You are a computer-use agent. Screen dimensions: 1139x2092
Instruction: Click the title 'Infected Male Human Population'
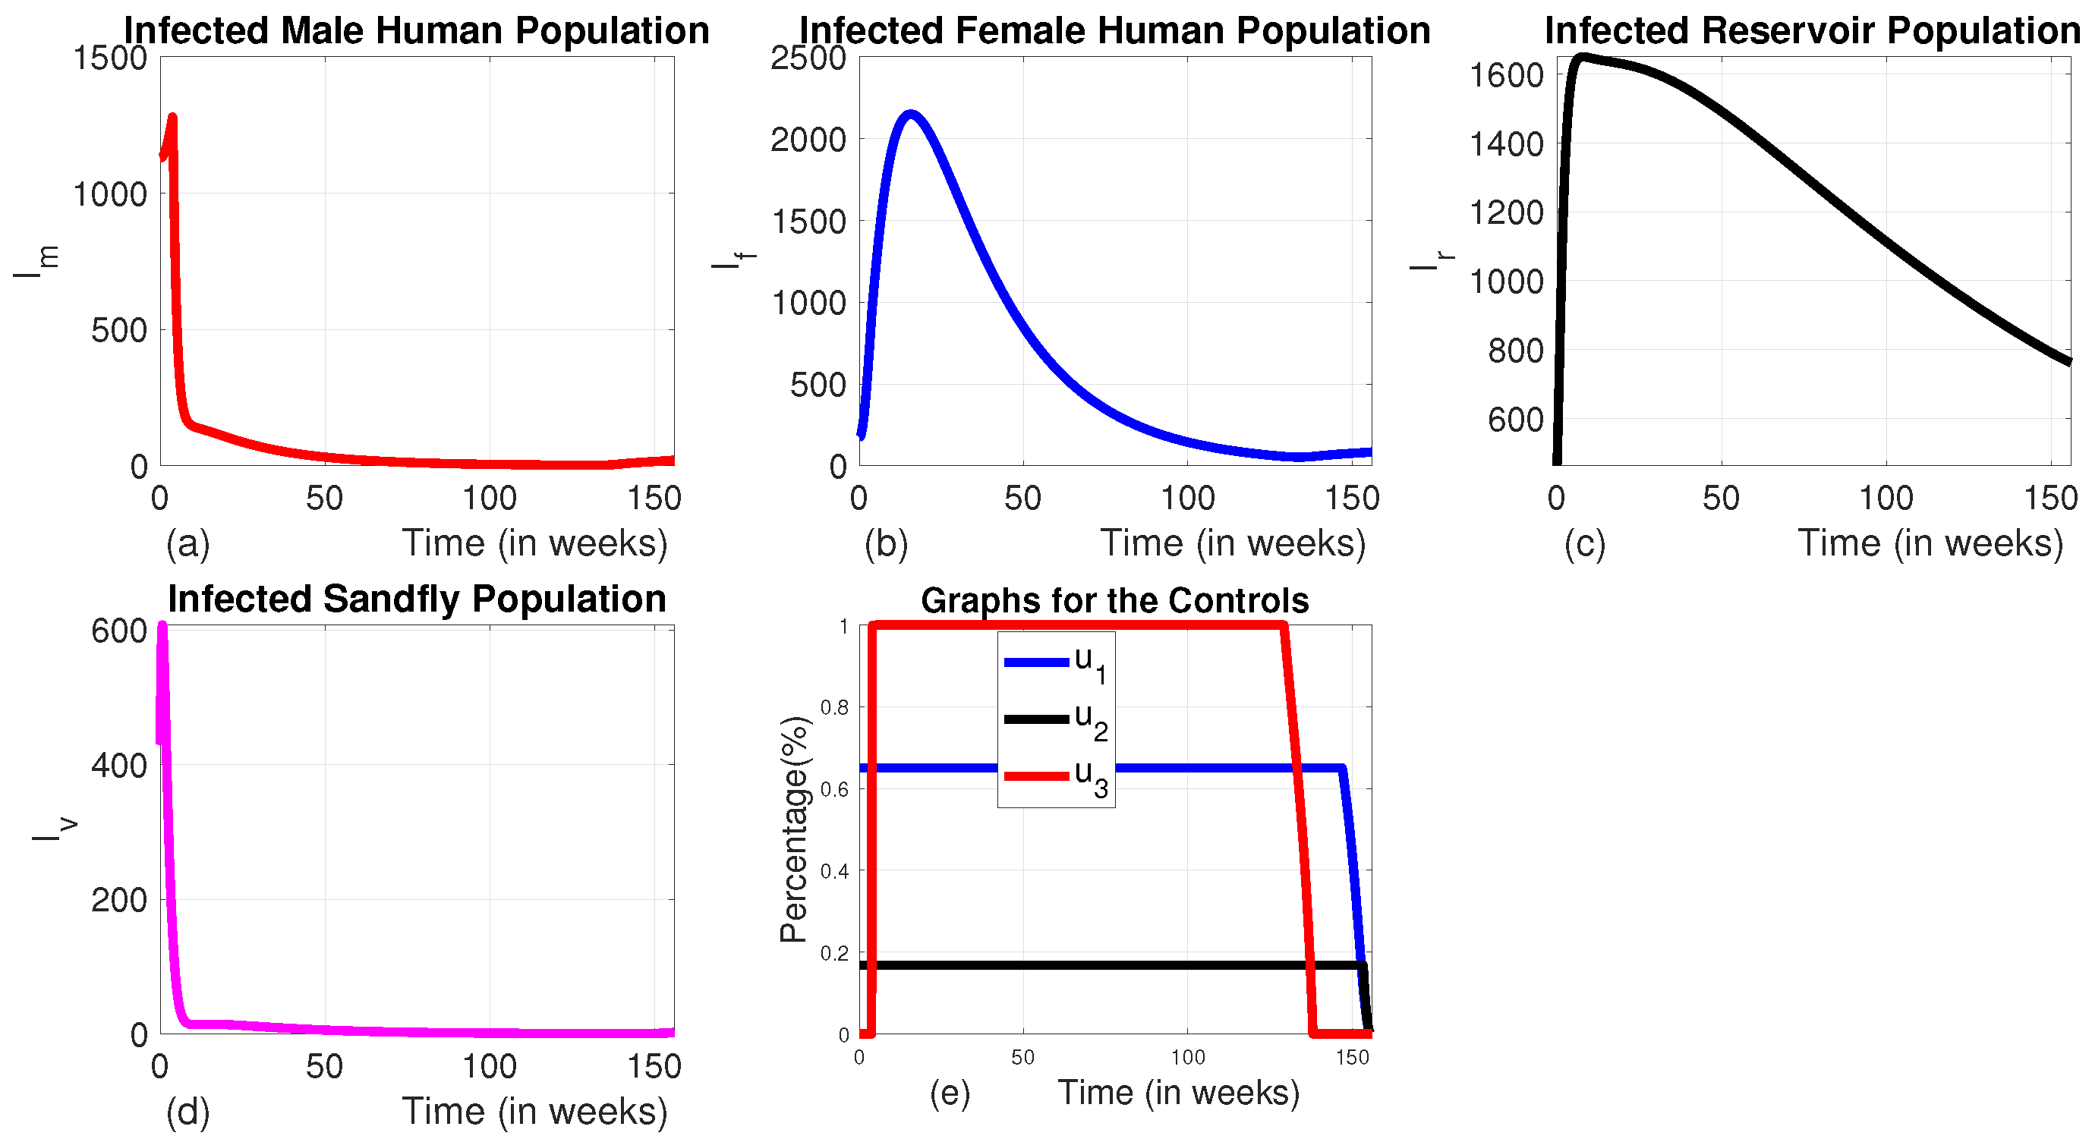click(x=416, y=31)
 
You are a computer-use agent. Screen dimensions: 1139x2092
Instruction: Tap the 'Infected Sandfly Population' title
click(x=417, y=599)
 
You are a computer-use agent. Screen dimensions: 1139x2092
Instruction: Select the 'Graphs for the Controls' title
click(x=1114, y=601)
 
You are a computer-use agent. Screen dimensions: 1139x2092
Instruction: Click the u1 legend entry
click(x=1056, y=662)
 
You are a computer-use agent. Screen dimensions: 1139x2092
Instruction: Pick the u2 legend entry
click(x=1056, y=719)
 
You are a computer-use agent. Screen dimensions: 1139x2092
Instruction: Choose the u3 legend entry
click(x=1056, y=776)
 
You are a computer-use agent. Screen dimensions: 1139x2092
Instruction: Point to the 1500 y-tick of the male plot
click(x=112, y=58)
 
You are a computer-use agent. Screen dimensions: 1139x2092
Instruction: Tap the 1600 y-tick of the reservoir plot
click(x=1507, y=75)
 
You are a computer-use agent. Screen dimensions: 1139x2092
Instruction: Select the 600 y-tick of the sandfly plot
click(x=119, y=631)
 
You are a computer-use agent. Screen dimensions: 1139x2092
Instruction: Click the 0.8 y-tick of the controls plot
click(x=834, y=708)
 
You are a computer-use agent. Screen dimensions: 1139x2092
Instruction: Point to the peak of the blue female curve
click(x=910, y=115)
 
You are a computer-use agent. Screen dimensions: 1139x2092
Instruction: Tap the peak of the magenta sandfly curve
click(x=162, y=626)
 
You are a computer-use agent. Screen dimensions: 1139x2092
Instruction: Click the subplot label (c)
click(x=1584, y=544)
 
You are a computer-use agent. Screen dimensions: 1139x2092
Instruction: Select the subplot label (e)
click(x=950, y=1093)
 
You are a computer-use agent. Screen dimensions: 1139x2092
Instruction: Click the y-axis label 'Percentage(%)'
click(x=794, y=829)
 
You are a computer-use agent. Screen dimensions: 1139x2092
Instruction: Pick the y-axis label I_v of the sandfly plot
click(x=55, y=829)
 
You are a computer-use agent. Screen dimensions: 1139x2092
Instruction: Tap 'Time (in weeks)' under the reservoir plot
click(x=1930, y=543)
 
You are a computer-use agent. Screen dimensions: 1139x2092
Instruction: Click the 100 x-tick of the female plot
click(x=1187, y=499)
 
